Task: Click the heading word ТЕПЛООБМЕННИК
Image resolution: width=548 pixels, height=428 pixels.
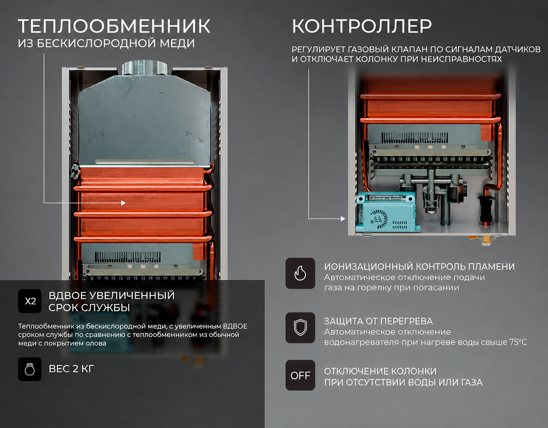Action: [114, 26]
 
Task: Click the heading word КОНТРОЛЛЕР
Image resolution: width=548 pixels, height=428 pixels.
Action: [362, 26]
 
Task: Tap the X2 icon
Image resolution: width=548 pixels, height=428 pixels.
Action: [30, 301]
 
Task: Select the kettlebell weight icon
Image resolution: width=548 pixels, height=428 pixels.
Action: [30, 369]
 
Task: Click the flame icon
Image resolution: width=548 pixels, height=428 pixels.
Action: [301, 273]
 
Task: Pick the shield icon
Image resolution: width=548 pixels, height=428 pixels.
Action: [301, 327]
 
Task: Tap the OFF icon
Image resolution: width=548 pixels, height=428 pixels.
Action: [301, 375]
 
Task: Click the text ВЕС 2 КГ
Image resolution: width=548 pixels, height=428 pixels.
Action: [71, 369]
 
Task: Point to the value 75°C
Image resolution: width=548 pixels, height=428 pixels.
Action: [518, 342]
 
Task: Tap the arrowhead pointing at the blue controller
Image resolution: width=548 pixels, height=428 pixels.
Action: [343, 219]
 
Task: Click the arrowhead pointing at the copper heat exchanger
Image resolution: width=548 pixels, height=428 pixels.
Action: [123, 202]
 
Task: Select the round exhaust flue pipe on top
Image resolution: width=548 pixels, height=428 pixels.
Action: [144, 68]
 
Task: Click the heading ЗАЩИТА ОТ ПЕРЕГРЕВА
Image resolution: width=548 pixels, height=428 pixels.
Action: [378, 321]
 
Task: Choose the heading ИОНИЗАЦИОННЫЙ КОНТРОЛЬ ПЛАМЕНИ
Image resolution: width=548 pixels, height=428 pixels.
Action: [420, 266]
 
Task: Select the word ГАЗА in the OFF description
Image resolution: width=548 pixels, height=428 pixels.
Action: [472, 382]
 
